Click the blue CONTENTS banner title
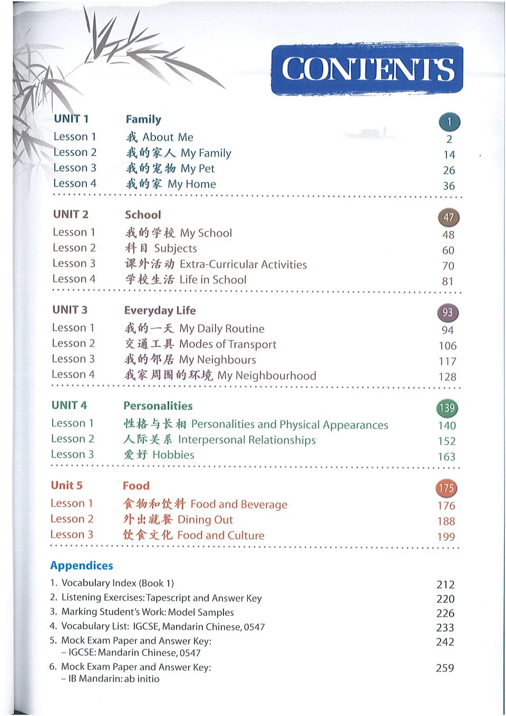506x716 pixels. (x=367, y=70)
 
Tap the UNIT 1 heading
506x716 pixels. (x=71, y=119)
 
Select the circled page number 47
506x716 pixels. (x=449, y=217)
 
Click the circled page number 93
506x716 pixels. (x=447, y=313)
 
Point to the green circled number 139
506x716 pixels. (x=447, y=408)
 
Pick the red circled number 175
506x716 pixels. (x=446, y=488)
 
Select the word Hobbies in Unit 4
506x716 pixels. (x=173, y=455)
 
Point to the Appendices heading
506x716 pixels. (x=82, y=566)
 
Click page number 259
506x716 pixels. (x=445, y=668)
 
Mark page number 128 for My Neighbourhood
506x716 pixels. (x=447, y=377)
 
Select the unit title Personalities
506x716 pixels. (x=158, y=406)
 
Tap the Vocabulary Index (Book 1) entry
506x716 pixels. (x=117, y=583)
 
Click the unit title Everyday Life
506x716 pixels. (x=160, y=311)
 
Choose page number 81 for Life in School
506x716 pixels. (x=447, y=282)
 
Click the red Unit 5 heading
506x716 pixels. (x=67, y=486)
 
